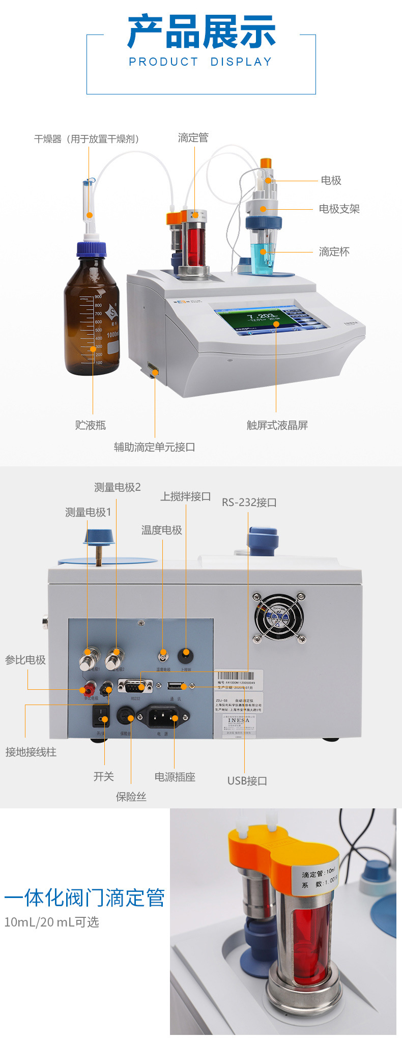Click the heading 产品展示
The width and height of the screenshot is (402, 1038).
[x=201, y=32]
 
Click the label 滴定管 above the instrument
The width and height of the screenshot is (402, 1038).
[x=193, y=138]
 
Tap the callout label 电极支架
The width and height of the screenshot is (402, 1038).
[x=339, y=209]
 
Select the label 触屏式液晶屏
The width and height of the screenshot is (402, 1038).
[x=277, y=425]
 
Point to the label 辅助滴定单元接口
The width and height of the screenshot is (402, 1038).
[x=154, y=447]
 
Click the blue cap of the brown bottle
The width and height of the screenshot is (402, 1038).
[x=92, y=248]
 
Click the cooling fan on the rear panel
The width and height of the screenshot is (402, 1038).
[x=279, y=618]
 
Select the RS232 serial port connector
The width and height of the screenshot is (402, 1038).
[x=135, y=686]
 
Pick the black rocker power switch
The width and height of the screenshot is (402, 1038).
[x=101, y=717]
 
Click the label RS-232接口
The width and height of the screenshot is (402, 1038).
[x=249, y=502]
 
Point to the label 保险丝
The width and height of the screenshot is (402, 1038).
[x=131, y=797]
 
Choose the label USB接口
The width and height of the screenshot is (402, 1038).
[x=247, y=781]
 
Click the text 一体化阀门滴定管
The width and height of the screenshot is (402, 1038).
[x=84, y=897]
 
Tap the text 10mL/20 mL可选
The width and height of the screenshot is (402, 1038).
[x=51, y=922]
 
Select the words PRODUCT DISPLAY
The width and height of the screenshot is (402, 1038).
[x=200, y=62]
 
